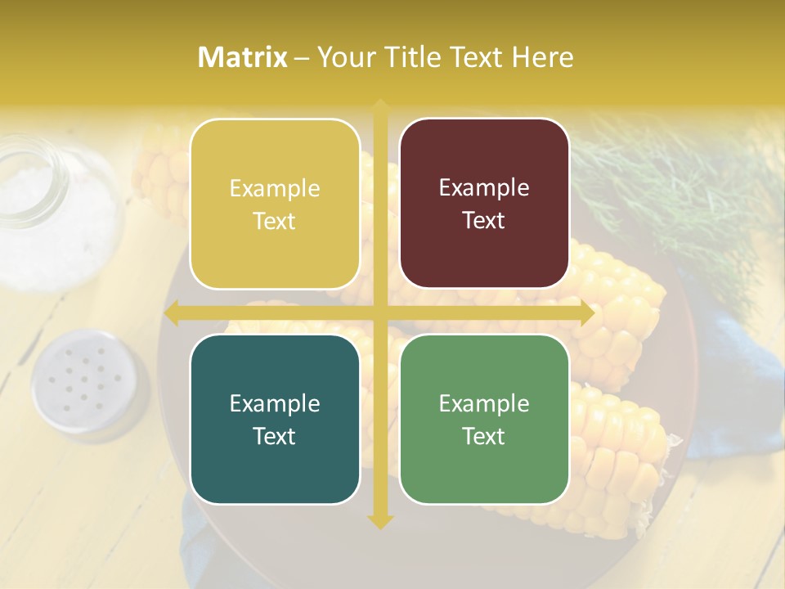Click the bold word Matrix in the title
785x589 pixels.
pyautogui.click(x=243, y=57)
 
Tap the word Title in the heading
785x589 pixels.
pyautogui.click(x=407, y=57)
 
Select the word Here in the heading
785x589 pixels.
pyautogui.click(x=542, y=57)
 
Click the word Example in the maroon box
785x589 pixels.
pyautogui.click(x=484, y=188)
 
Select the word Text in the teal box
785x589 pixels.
pyautogui.click(x=275, y=436)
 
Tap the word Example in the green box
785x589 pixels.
pyautogui.click(x=484, y=403)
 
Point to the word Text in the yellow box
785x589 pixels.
pyautogui.click(x=275, y=221)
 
